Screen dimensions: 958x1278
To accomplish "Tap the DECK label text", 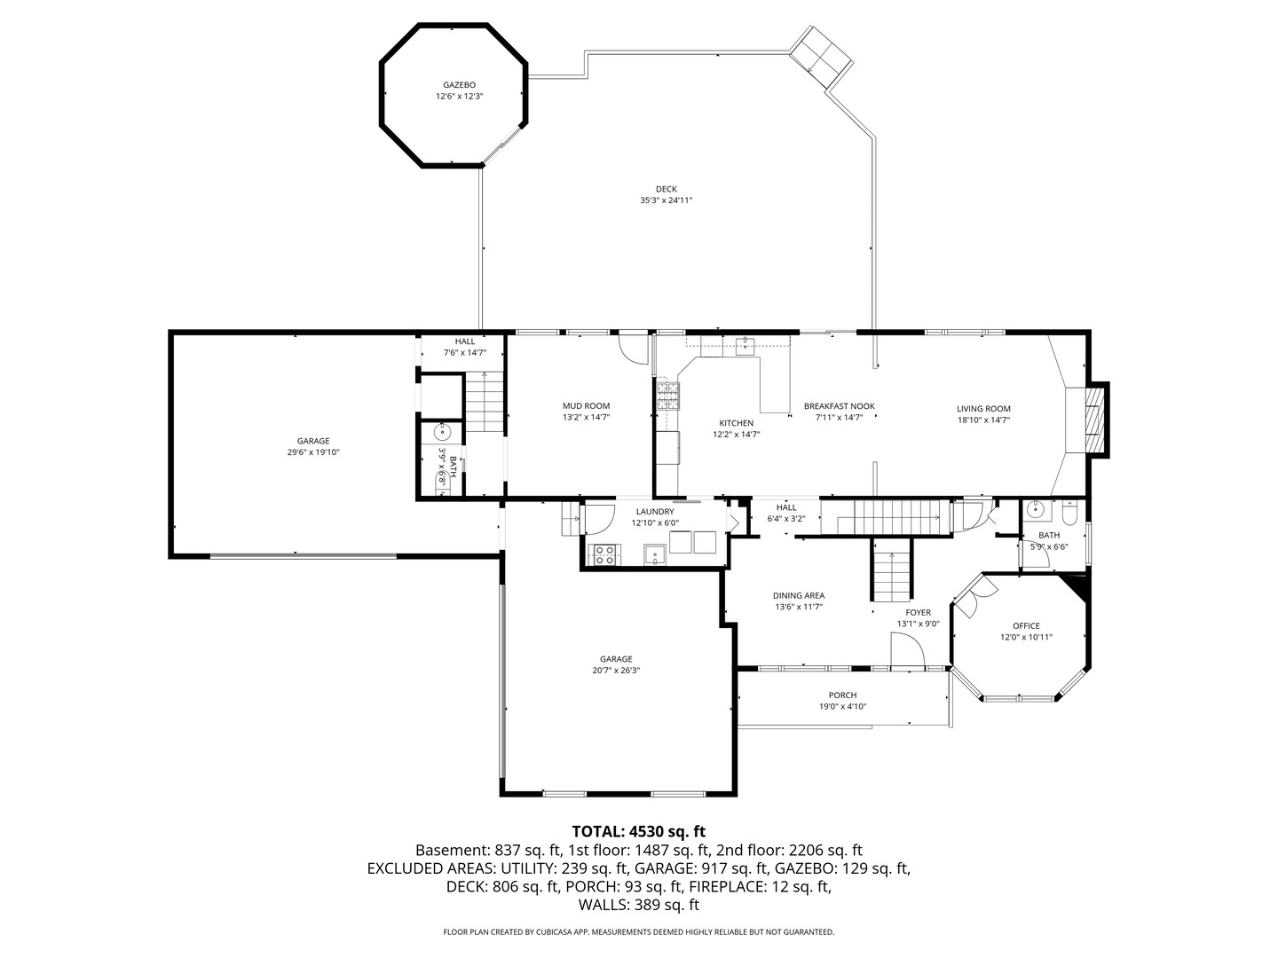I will tap(666, 189).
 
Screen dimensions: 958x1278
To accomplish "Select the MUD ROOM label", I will tap(586, 406).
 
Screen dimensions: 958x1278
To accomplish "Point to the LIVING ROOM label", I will tap(983, 409).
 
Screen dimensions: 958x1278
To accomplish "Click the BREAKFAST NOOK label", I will tap(839, 406).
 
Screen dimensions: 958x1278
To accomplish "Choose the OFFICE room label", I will tap(1026, 625).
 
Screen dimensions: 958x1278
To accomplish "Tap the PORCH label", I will tap(842, 695).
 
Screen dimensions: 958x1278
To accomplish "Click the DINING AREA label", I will tap(799, 596).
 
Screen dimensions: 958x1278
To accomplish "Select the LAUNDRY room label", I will tap(654, 512).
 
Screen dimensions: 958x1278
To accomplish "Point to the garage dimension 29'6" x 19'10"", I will tap(313, 452).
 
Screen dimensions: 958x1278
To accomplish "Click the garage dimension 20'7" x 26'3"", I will tap(616, 671).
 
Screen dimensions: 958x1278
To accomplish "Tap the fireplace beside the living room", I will tap(1097, 420).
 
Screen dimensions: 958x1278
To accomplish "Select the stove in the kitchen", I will tap(667, 394).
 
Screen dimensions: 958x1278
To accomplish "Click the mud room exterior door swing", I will tap(634, 348).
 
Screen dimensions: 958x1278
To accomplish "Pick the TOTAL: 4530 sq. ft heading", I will tap(638, 831).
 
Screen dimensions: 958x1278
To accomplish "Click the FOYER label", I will tap(918, 613).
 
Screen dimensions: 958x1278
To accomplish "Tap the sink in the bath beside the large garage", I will tap(442, 433).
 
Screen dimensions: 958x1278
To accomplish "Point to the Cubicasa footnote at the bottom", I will tap(638, 932).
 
